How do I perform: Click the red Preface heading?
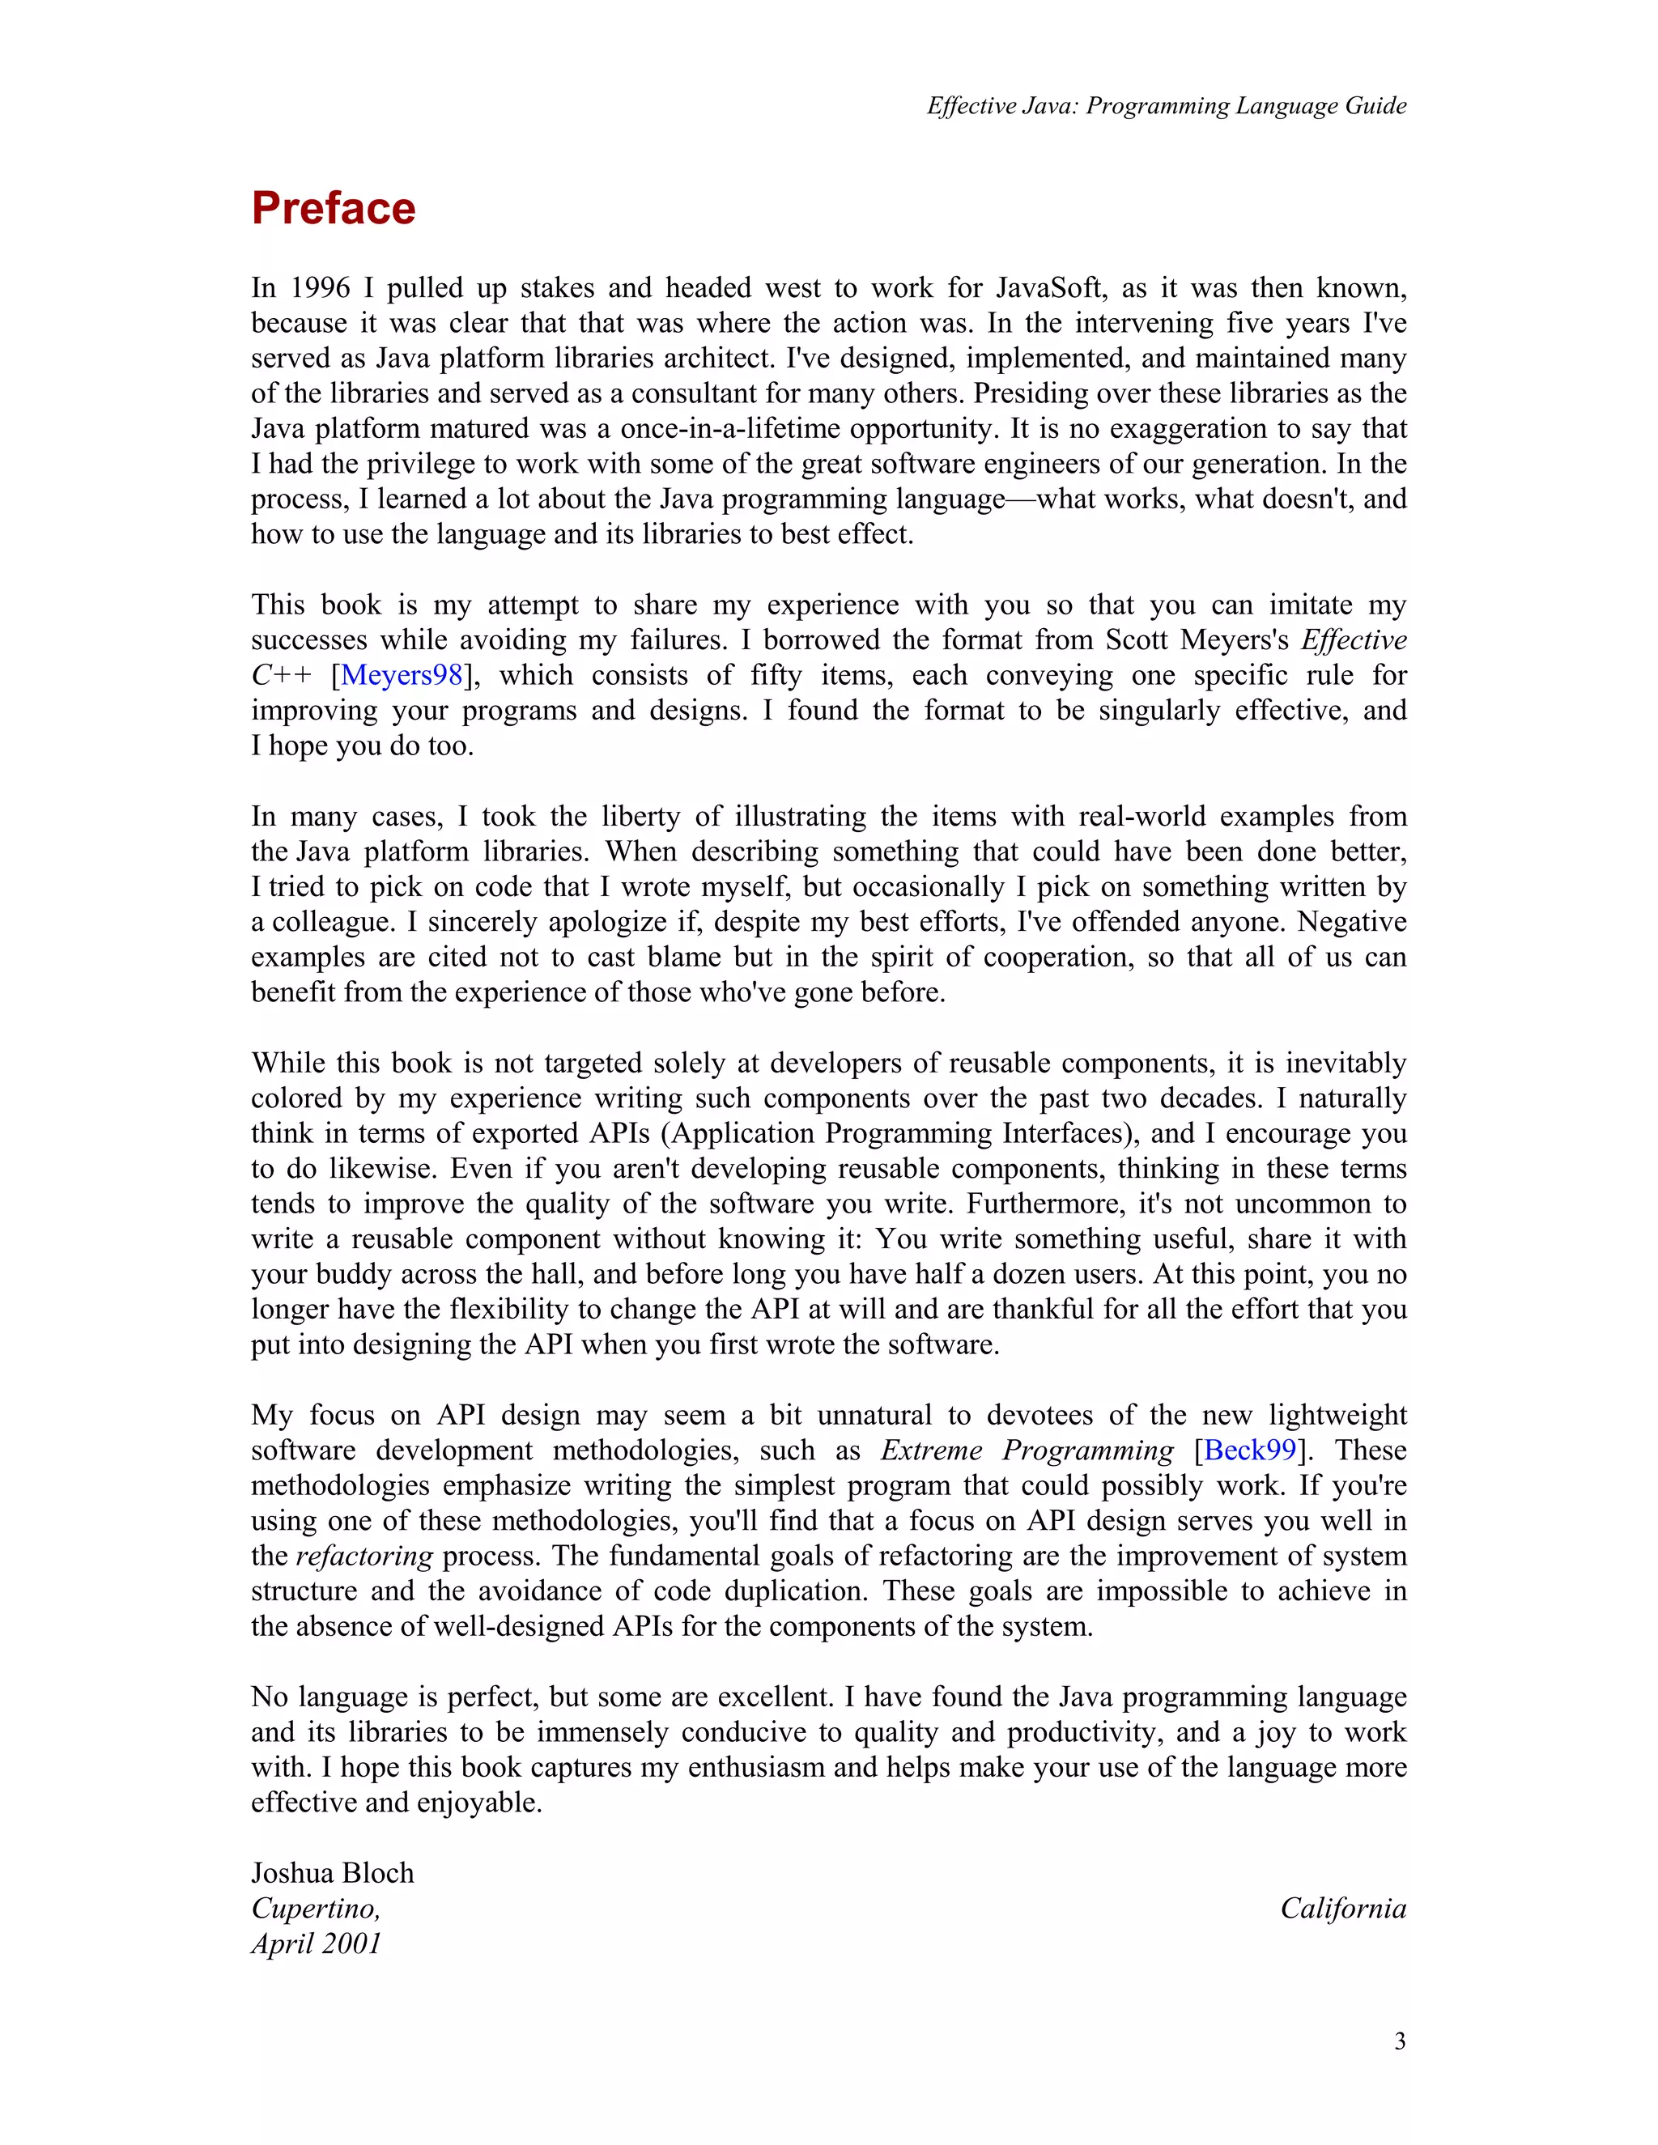(333, 208)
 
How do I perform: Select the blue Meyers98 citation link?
(401, 675)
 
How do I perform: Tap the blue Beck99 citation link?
(1249, 1450)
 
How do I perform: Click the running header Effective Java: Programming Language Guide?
(1166, 105)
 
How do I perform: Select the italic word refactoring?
(363, 1556)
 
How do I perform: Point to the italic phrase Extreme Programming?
(1027, 1450)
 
